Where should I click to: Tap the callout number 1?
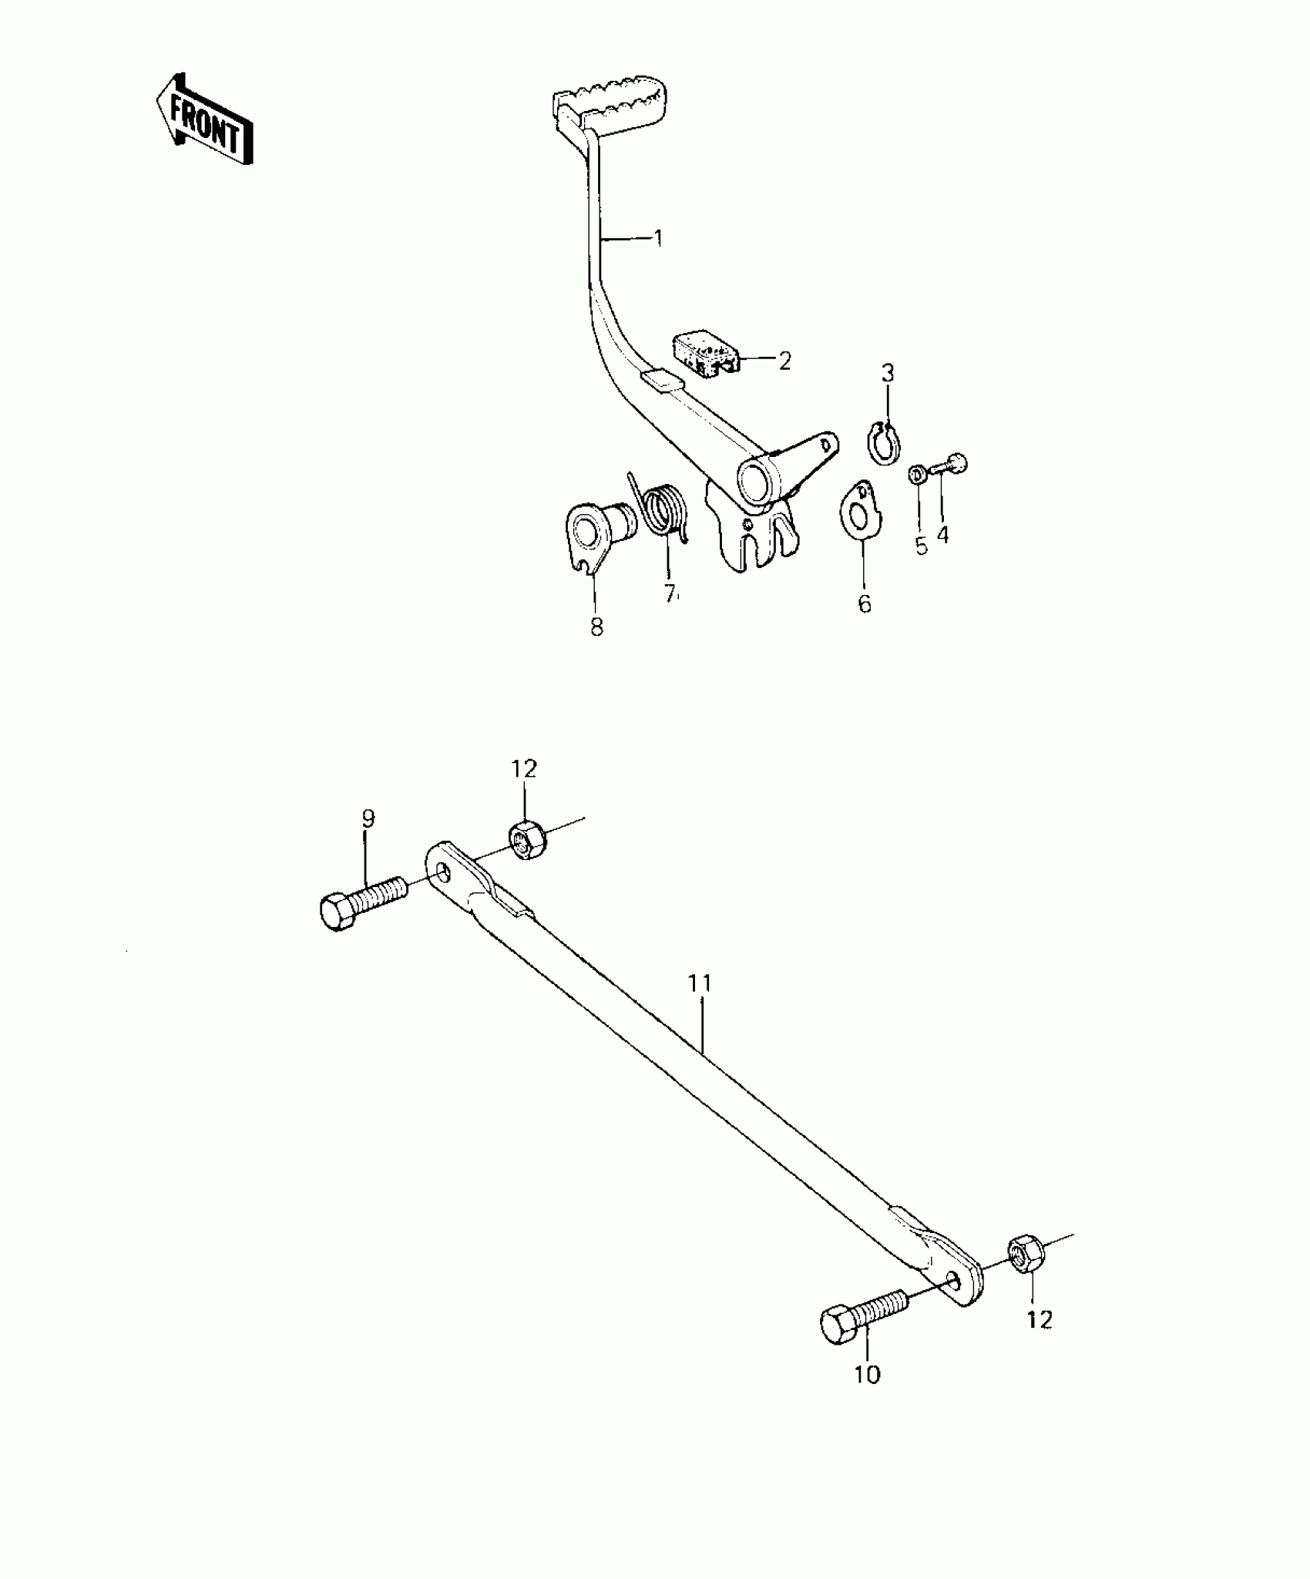tap(658, 237)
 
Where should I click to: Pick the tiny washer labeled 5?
tap(918, 474)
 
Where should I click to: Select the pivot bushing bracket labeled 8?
tap(597, 534)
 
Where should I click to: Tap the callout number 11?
tap(700, 983)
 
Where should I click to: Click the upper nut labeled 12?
tap(526, 839)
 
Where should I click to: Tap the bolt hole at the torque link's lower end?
tap(955, 1280)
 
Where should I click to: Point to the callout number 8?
tap(597, 627)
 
